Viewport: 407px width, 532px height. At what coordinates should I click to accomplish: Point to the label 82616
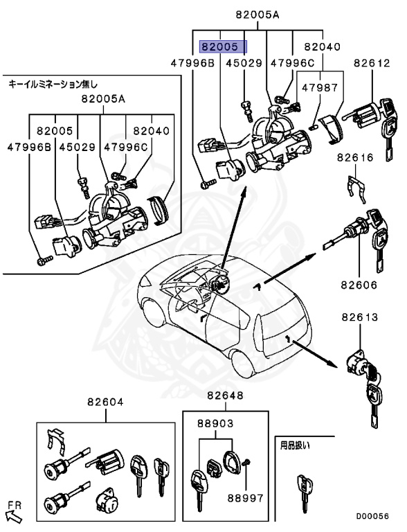[x=356, y=157]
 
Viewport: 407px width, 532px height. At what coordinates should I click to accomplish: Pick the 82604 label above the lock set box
[x=105, y=402]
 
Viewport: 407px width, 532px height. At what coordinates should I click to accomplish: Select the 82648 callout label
[x=225, y=396]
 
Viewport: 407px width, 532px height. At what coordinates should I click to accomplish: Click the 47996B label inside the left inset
[x=30, y=146]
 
